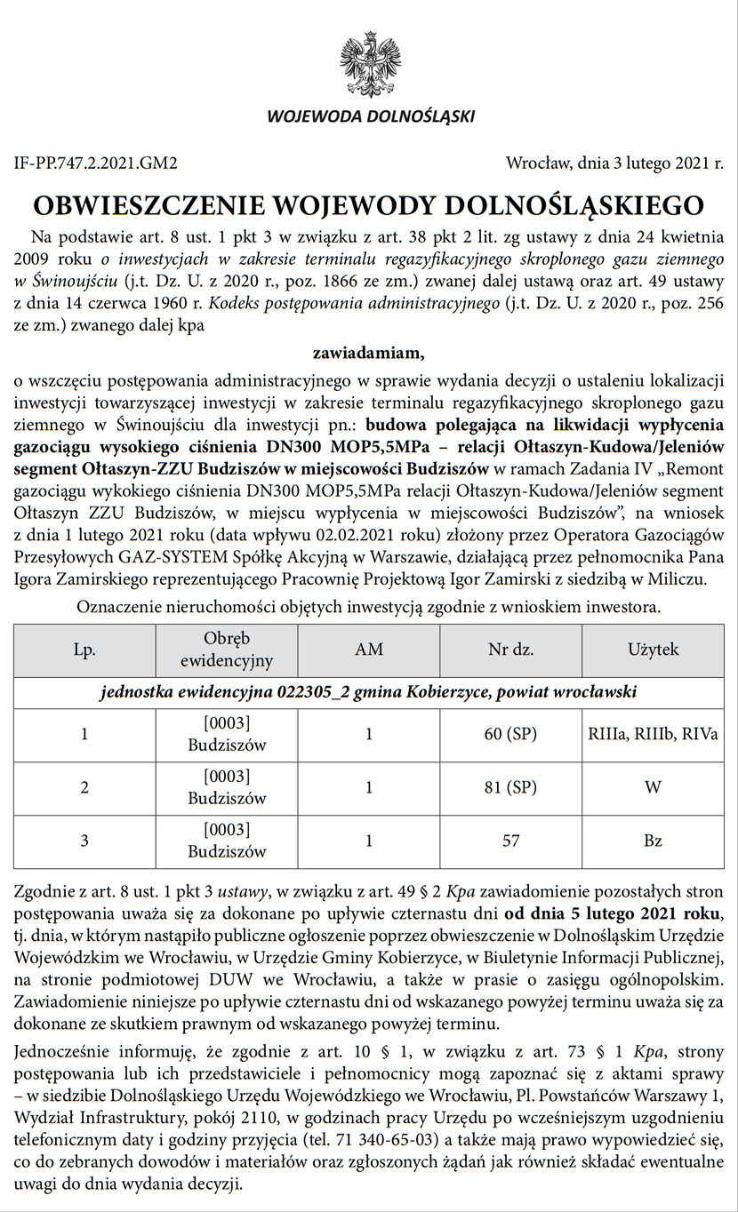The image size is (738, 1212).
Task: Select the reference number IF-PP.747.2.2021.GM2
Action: (x=96, y=163)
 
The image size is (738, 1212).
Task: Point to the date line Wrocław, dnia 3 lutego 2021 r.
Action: (x=614, y=163)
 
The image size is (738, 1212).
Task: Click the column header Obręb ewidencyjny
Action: (x=226, y=650)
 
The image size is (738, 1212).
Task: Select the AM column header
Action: (x=369, y=650)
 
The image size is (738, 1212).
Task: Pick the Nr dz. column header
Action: (x=510, y=650)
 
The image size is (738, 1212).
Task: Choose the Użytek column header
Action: (x=653, y=650)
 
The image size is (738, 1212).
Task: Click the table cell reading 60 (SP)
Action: (x=510, y=735)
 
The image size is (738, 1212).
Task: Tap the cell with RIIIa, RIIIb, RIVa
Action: (x=653, y=735)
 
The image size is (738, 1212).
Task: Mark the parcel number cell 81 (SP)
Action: (x=510, y=787)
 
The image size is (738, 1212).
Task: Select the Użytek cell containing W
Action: (x=653, y=787)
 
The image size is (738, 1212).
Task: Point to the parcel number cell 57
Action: (x=510, y=840)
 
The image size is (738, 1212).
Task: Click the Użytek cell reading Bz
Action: (x=653, y=840)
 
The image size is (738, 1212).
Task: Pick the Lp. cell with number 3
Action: (x=84, y=840)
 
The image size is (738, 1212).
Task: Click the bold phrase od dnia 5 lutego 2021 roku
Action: (x=614, y=914)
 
